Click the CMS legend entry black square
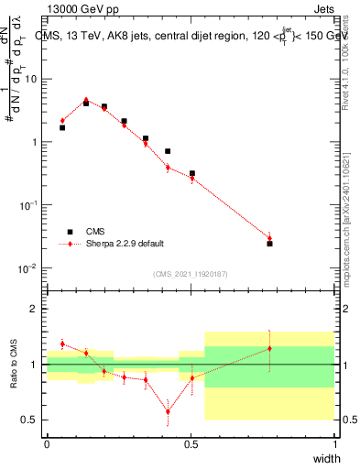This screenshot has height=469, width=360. [x=69, y=232]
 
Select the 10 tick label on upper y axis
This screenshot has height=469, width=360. [x=33, y=79]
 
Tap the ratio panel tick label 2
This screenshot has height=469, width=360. [x=37, y=310]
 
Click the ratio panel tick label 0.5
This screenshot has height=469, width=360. [x=33, y=420]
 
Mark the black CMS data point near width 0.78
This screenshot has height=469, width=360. [x=269, y=244]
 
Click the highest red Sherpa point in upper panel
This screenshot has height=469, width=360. [x=86, y=100]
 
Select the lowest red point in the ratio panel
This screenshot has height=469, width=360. [x=168, y=411]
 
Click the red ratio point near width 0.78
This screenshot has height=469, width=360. [x=269, y=348]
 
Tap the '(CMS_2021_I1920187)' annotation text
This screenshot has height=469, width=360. [x=190, y=273]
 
